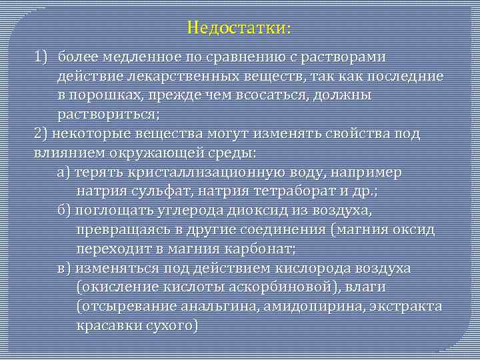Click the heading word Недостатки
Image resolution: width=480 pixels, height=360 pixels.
pyautogui.click(x=238, y=29)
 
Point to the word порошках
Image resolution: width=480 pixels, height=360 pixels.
pyautogui.click(x=106, y=96)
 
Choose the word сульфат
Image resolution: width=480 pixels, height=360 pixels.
pyautogui.click(x=161, y=192)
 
